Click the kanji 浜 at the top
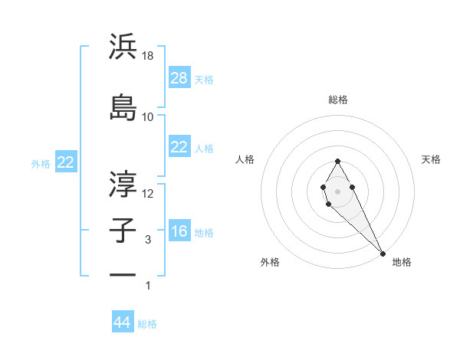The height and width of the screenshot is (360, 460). coord(123,47)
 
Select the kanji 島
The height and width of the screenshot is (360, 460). coord(123,106)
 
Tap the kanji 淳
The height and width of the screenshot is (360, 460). coord(123,184)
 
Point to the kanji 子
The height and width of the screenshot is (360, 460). coord(123,231)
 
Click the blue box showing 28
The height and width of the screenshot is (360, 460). coord(179,77)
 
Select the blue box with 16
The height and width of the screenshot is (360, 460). coord(179,232)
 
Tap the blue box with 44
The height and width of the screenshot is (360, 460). coord(123,322)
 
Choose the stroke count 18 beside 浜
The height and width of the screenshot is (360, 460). coord(149,56)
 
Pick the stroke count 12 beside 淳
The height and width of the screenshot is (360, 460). coord(149,194)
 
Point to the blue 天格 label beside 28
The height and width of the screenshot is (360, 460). coord(204,79)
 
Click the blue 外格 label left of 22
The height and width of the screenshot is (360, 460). coord(41,163)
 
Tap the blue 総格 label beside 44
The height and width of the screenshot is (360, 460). coord(148,324)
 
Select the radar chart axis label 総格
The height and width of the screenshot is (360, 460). coord(338,100)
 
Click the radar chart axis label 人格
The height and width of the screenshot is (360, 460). coord(245,159)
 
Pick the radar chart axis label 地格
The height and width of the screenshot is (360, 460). coord(402,263)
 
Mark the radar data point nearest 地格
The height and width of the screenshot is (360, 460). coord(383,253)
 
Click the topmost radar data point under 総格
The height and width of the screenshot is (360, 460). coord(337,161)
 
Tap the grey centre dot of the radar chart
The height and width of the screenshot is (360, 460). coord(337,191)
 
